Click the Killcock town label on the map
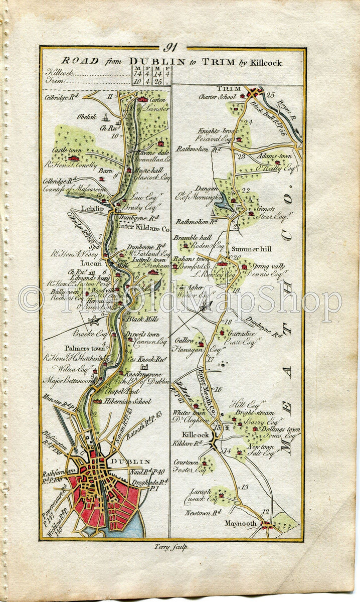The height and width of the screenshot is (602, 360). [x=196, y=434]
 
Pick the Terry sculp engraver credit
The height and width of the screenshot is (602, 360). [x=171, y=547]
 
